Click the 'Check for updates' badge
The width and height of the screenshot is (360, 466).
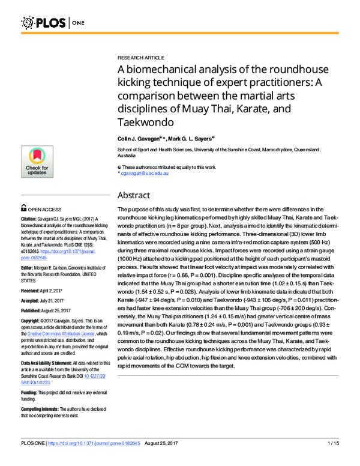37,162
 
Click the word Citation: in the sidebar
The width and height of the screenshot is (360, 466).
32,219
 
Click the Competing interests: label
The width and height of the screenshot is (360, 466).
44,410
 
